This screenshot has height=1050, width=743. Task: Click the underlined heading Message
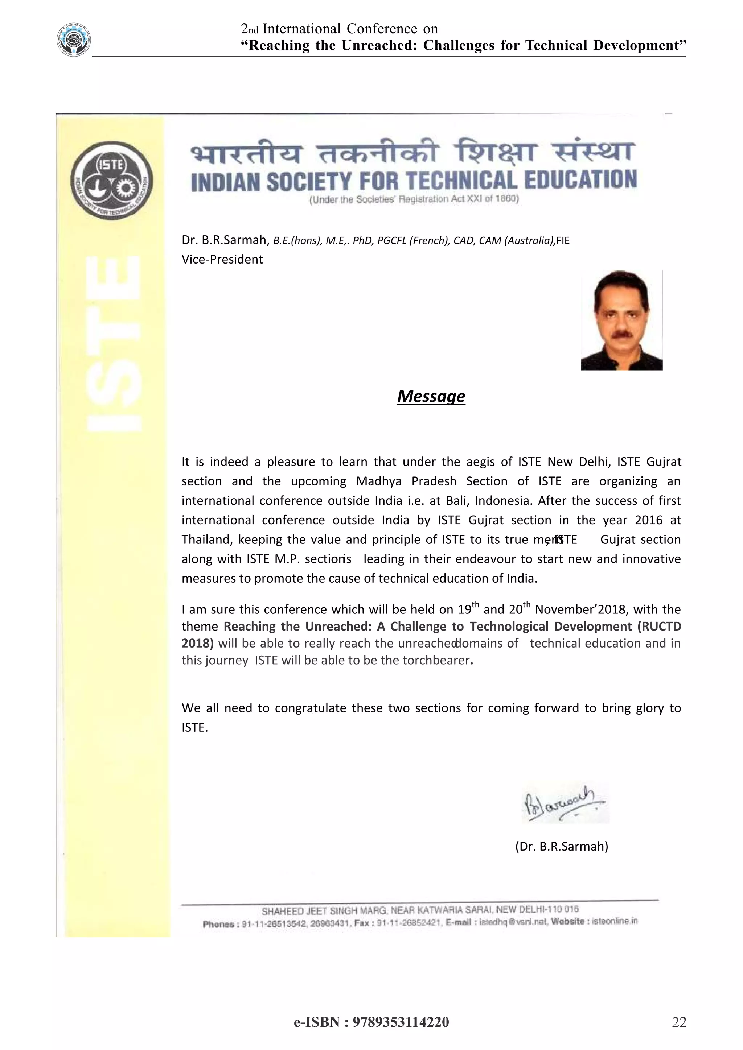(x=431, y=396)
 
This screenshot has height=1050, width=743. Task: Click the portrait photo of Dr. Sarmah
(x=621, y=320)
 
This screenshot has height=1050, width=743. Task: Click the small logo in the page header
(x=73, y=40)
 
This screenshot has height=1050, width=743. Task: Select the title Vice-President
(x=222, y=259)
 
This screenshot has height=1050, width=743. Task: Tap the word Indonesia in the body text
(x=503, y=501)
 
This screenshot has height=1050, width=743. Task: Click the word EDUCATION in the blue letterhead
(x=580, y=180)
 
